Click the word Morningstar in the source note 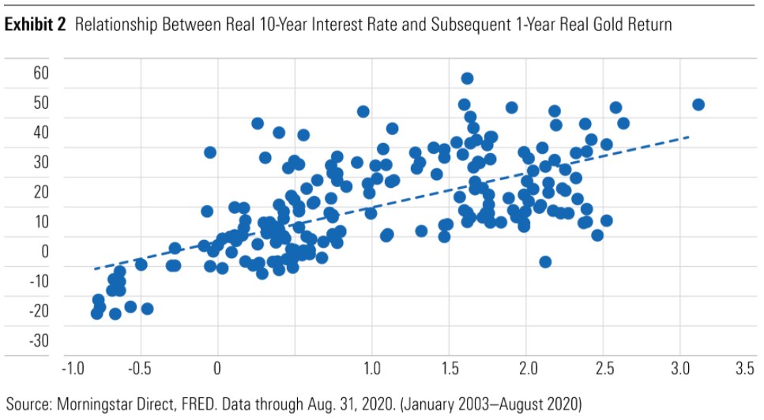(x=94, y=404)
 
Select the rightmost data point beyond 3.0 (x=698, y=105)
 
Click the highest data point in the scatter (x=467, y=78)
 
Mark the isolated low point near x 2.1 (x=545, y=261)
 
